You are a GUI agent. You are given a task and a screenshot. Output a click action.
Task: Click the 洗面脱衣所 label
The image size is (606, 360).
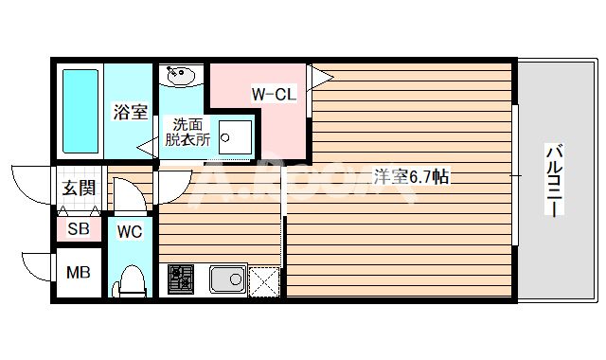click(x=185, y=131)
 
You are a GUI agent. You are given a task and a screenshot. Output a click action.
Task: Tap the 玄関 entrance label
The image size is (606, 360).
click(x=79, y=188)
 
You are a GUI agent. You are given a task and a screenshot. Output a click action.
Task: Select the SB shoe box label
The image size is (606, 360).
click(x=79, y=229)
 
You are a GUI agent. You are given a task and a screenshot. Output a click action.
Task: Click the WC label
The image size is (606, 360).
click(x=130, y=230)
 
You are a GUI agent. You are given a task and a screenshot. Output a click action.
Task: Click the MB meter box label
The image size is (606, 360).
click(x=78, y=274)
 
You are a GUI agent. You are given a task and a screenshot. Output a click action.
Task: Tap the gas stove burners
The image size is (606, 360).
click(x=180, y=278)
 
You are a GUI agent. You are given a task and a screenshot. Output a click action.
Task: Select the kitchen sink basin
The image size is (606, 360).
click(x=227, y=279)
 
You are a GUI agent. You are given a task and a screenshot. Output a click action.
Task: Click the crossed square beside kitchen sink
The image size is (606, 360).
click(x=265, y=280)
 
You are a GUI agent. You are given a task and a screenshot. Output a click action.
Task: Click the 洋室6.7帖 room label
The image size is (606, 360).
click(x=410, y=176)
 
